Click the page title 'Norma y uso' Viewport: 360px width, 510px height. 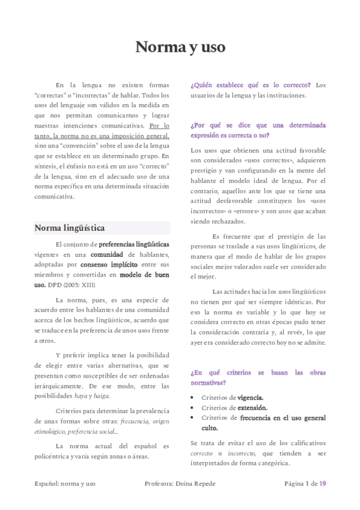tap(180, 48)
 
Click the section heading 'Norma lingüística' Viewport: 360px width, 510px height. tap(70, 228)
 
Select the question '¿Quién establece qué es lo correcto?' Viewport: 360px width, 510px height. tap(250, 85)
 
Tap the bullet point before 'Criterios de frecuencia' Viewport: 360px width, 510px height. tap(192, 418)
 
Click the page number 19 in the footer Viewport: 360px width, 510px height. tap(323, 484)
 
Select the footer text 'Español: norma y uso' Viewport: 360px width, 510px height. tap(65, 484)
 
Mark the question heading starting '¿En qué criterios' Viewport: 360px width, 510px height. tap(257, 377)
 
